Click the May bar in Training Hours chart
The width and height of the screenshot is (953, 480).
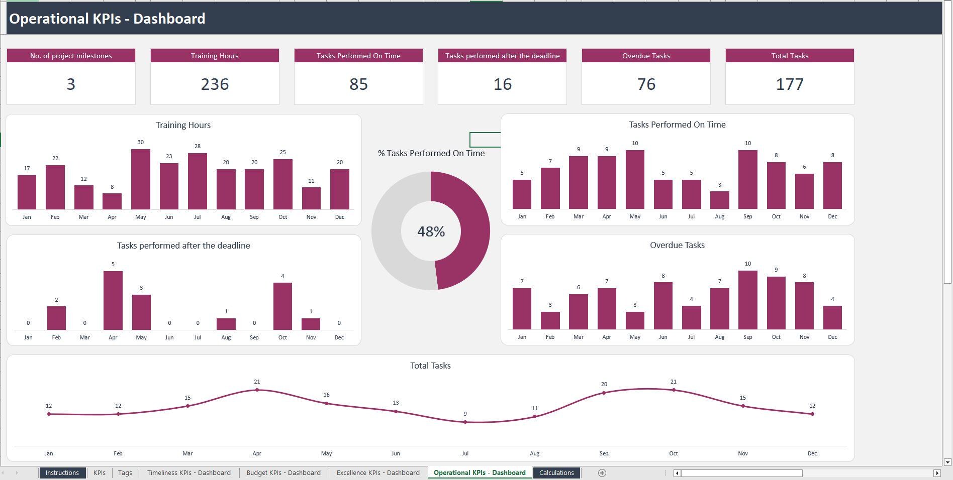coord(140,179)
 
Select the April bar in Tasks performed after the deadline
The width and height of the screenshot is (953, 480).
coord(113,300)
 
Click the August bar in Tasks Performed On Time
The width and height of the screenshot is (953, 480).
coord(719,200)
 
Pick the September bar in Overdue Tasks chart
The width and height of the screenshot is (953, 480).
coord(747,300)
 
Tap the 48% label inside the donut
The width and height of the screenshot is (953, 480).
coord(431,231)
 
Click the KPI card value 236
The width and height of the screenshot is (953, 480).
coord(215,84)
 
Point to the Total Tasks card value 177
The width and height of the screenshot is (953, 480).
coord(789,84)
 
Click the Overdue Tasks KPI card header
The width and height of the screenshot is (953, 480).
coord(645,56)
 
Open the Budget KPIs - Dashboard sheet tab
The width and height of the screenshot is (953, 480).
coord(283,472)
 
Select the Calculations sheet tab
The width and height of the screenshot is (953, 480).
coord(556,472)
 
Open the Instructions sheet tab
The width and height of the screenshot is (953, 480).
coord(62,472)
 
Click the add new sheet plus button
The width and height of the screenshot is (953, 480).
coord(602,472)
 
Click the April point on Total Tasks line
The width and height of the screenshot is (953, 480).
coord(257,390)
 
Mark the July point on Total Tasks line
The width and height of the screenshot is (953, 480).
coord(465,422)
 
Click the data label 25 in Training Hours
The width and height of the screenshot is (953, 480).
coord(282,152)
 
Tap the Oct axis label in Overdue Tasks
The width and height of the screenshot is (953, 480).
coord(776,337)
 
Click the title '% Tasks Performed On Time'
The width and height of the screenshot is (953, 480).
coord(431,153)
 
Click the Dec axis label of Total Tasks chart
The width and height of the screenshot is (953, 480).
coord(812,453)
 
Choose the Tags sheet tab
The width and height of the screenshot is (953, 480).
coord(125,472)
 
